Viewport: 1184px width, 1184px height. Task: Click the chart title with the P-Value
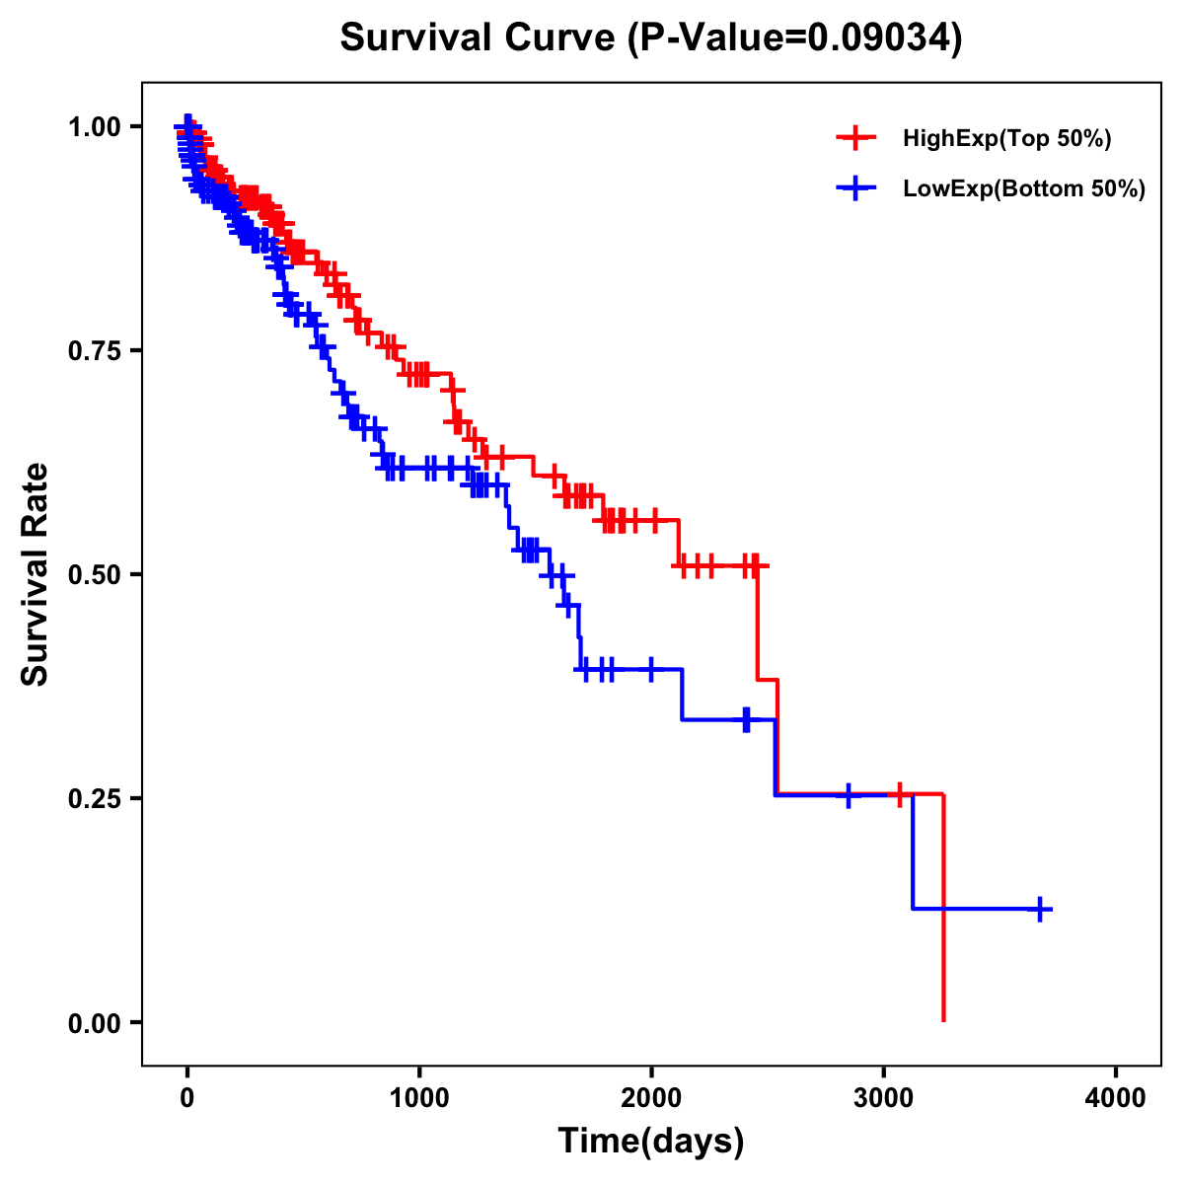[x=651, y=37]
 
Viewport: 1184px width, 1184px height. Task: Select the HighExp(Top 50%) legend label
[x=1007, y=139]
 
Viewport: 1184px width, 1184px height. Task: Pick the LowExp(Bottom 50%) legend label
[x=1024, y=189]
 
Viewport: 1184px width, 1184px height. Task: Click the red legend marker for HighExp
[x=856, y=139]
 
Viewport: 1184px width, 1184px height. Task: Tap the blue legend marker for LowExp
[x=856, y=189]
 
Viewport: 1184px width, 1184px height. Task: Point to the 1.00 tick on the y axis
[x=95, y=127]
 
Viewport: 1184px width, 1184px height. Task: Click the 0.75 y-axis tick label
[x=95, y=351]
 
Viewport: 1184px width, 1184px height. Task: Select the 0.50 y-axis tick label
[x=95, y=575]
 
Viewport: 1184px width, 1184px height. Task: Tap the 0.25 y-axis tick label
[x=95, y=799]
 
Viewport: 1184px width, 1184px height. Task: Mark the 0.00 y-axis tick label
[x=95, y=1023]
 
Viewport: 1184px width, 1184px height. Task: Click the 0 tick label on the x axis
[x=187, y=1098]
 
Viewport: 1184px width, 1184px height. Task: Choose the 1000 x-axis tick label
[x=419, y=1098]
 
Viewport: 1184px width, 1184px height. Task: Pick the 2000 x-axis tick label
[x=651, y=1098]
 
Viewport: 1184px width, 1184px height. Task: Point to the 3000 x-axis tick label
[x=883, y=1098]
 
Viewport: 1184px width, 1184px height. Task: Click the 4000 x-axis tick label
[x=1116, y=1098]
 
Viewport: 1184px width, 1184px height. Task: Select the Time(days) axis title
[x=651, y=1142]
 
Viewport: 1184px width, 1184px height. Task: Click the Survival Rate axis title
[x=36, y=574]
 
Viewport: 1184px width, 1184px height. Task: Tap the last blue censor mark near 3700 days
[x=1040, y=909]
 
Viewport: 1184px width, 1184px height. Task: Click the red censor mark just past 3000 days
[x=899, y=794]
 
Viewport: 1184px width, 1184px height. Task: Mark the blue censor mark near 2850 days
[x=848, y=794]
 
